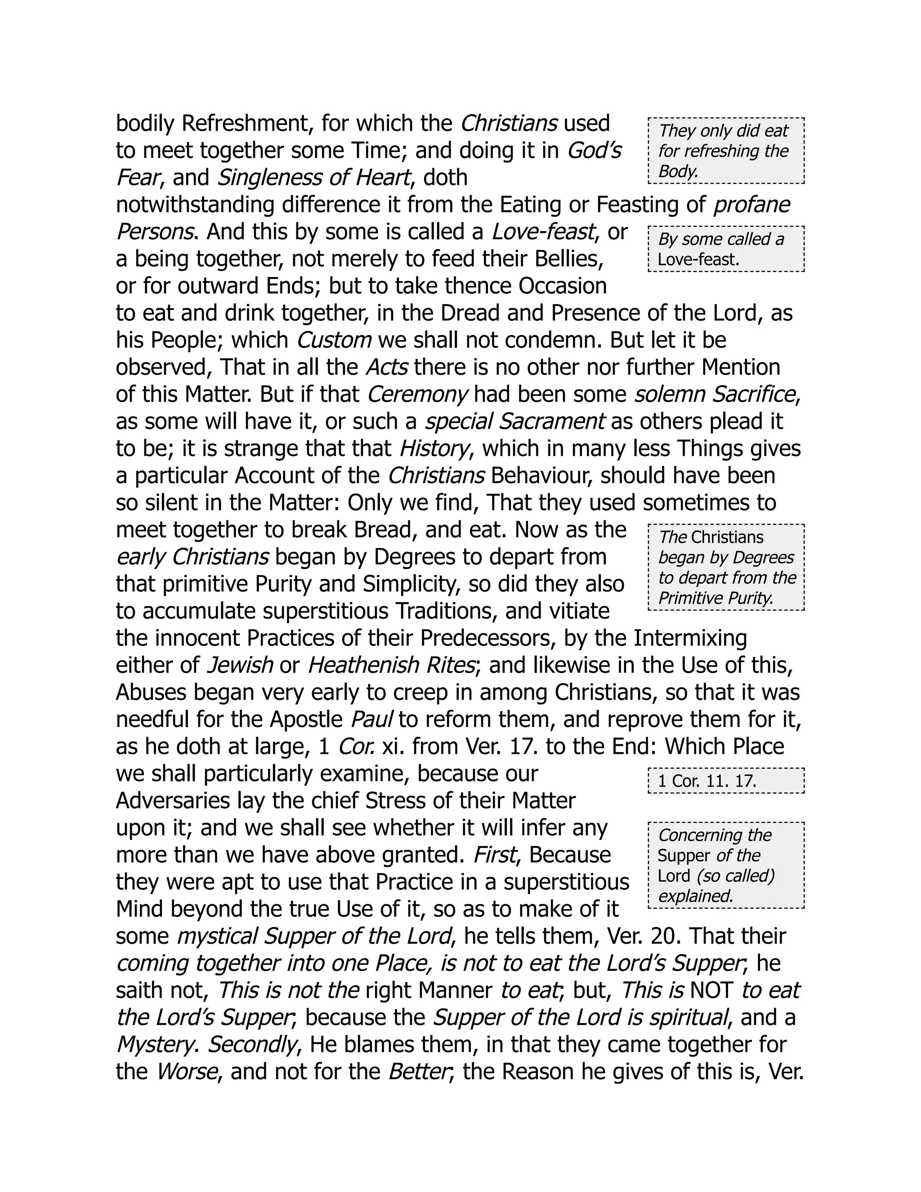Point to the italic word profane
752,205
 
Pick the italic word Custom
334,341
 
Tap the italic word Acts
386,367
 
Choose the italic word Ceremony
417,394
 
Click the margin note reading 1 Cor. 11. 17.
707,781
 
